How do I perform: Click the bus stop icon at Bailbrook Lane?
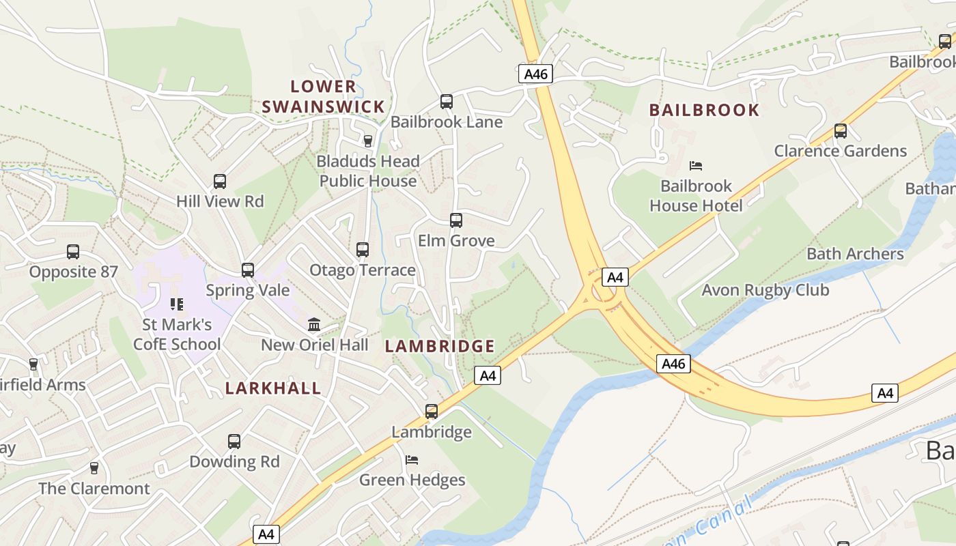447,102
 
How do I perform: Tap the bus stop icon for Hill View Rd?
220,182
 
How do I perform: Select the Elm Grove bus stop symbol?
456,220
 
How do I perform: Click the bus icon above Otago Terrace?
363,250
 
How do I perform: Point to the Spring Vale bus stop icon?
248,270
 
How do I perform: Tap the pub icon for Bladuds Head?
368,141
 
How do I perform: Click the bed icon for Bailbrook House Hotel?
696,166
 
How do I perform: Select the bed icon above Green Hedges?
412,460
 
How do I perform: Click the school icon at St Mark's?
177,304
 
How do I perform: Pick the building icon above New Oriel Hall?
314,324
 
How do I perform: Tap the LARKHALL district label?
273,388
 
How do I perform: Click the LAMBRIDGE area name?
440,346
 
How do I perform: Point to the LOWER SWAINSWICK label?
324,97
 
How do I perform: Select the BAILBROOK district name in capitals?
704,110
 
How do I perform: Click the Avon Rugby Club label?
765,290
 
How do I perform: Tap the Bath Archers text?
855,254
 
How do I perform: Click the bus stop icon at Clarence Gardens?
841,131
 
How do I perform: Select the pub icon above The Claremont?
94,468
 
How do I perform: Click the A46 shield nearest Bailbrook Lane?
535,74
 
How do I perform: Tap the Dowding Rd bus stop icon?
234,442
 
